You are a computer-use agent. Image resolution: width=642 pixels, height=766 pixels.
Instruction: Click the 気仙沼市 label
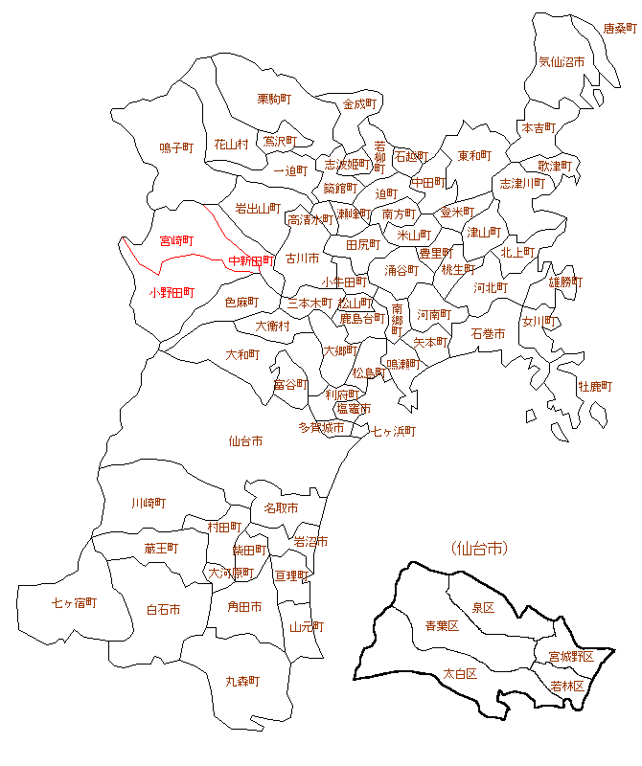(x=562, y=61)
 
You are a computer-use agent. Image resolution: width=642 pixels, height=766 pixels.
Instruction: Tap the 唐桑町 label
(x=619, y=30)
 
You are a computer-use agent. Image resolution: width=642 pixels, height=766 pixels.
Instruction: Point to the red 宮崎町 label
(x=176, y=240)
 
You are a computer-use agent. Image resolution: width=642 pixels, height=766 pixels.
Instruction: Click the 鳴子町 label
(x=176, y=147)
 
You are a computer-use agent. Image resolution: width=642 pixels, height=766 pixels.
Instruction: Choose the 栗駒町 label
(x=275, y=99)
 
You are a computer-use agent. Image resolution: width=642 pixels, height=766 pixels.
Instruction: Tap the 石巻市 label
(x=488, y=334)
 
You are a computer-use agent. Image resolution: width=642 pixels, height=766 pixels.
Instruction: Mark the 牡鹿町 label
(x=594, y=386)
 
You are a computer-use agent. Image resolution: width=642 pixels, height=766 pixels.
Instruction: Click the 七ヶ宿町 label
(x=75, y=602)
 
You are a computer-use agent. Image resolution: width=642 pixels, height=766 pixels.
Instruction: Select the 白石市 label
(x=163, y=609)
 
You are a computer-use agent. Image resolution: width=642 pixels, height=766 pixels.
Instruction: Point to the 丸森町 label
(x=242, y=681)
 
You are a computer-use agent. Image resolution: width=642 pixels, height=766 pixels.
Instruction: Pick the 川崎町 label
(x=149, y=503)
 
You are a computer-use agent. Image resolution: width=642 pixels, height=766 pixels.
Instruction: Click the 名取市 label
(x=281, y=507)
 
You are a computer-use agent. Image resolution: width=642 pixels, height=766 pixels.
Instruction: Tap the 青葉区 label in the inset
(x=442, y=626)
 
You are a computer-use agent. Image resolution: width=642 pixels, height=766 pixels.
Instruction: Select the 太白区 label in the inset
(x=460, y=673)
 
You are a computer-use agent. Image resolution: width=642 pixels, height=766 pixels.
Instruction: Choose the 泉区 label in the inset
(x=483, y=608)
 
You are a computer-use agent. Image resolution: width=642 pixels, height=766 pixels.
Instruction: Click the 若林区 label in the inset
(x=569, y=686)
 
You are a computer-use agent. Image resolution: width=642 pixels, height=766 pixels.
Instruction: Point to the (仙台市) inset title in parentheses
(x=478, y=549)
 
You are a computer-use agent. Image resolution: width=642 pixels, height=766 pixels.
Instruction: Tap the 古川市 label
(x=302, y=259)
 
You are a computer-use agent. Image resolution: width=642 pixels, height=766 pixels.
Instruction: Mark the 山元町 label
(x=306, y=627)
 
